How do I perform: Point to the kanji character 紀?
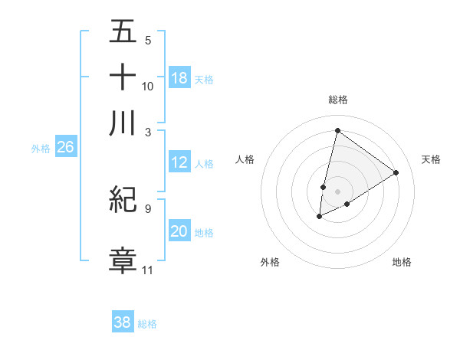pos(123,199)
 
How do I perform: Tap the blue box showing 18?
pos(179,78)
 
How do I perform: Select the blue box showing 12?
pos(179,162)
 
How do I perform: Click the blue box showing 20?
pos(179,231)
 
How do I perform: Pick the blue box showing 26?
pos(65,148)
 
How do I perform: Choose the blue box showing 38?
pos(123,322)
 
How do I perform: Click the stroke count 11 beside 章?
pos(148,270)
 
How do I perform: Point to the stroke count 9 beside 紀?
pos(148,207)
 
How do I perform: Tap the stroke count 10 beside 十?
pos(148,86)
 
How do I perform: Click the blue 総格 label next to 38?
pos(147,324)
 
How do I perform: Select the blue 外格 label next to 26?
pos(41,149)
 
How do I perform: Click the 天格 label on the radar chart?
pos(431,159)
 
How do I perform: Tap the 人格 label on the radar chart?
pos(245,159)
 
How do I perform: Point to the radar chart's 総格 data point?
pos(337,130)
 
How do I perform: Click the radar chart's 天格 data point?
pos(396,172)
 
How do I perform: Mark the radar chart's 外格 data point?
pos(319,218)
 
